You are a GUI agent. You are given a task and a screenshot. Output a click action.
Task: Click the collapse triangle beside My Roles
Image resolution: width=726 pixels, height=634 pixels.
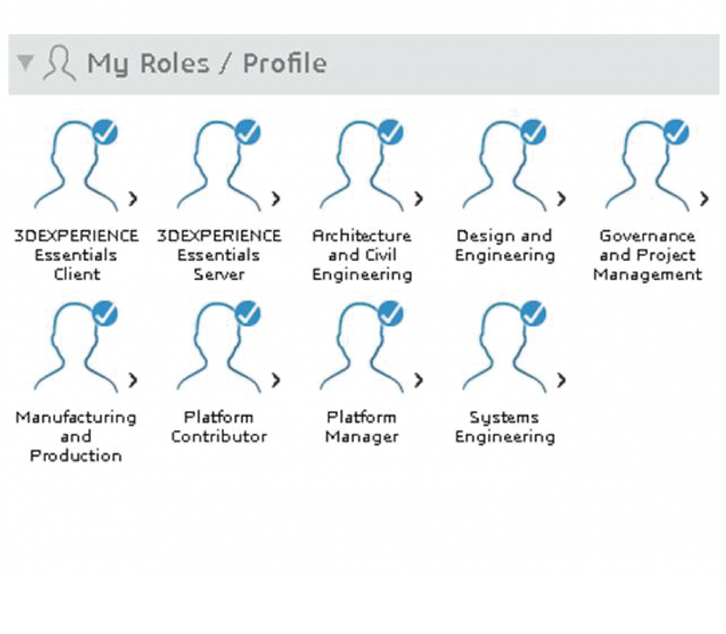click(x=25, y=63)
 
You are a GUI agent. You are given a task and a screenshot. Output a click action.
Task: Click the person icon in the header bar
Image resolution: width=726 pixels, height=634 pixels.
click(x=59, y=63)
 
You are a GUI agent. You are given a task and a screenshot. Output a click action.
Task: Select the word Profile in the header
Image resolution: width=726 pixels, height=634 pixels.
click(x=284, y=63)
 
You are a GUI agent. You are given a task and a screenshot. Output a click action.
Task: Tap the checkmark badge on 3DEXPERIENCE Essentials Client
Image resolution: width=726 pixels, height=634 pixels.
click(x=105, y=132)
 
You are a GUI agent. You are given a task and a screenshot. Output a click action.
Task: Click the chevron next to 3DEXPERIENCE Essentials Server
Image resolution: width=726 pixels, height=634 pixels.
click(x=276, y=198)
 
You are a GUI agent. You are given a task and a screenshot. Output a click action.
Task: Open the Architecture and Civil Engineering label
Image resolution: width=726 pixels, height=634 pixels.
click(x=362, y=255)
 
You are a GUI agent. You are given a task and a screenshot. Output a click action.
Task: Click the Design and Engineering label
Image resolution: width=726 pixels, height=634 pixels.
click(x=505, y=245)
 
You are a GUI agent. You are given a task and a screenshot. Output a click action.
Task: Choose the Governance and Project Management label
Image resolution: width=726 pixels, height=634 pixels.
click(x=647, y=255)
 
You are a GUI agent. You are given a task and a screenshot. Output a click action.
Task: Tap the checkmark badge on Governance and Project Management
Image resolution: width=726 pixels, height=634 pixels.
click(x=676, y=132)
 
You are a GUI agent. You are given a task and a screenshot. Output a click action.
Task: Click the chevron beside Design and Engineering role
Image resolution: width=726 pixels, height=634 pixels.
click(x=561, y=198)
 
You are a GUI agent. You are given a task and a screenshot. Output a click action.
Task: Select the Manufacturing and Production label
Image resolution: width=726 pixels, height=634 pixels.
click(x=76, y=436)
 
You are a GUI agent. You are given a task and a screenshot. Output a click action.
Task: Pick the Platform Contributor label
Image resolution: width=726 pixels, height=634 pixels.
click(x=219, y=426)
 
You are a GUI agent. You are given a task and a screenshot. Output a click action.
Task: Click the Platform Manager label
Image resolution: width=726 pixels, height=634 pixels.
click(x=362, y=426)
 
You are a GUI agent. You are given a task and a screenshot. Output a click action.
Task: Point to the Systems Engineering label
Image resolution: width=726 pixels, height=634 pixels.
click(x=505, y=426)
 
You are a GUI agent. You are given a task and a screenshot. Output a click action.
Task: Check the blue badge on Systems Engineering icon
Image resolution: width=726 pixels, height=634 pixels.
click(x=534, y=313)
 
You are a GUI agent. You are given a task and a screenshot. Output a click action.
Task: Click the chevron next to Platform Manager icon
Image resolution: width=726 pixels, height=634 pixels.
click(x=419, y=380)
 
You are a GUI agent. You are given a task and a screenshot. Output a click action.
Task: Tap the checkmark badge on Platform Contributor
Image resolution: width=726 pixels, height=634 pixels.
click(x=248, y=313)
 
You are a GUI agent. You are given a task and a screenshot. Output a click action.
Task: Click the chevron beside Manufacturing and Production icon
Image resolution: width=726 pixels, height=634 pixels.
click(x=133, y=380)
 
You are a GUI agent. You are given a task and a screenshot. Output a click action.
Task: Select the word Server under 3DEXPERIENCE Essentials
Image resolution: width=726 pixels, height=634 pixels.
click(x=219, y=274)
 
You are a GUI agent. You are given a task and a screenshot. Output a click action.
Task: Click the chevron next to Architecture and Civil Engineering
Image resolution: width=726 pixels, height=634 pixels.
click(x=419, y=198)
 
